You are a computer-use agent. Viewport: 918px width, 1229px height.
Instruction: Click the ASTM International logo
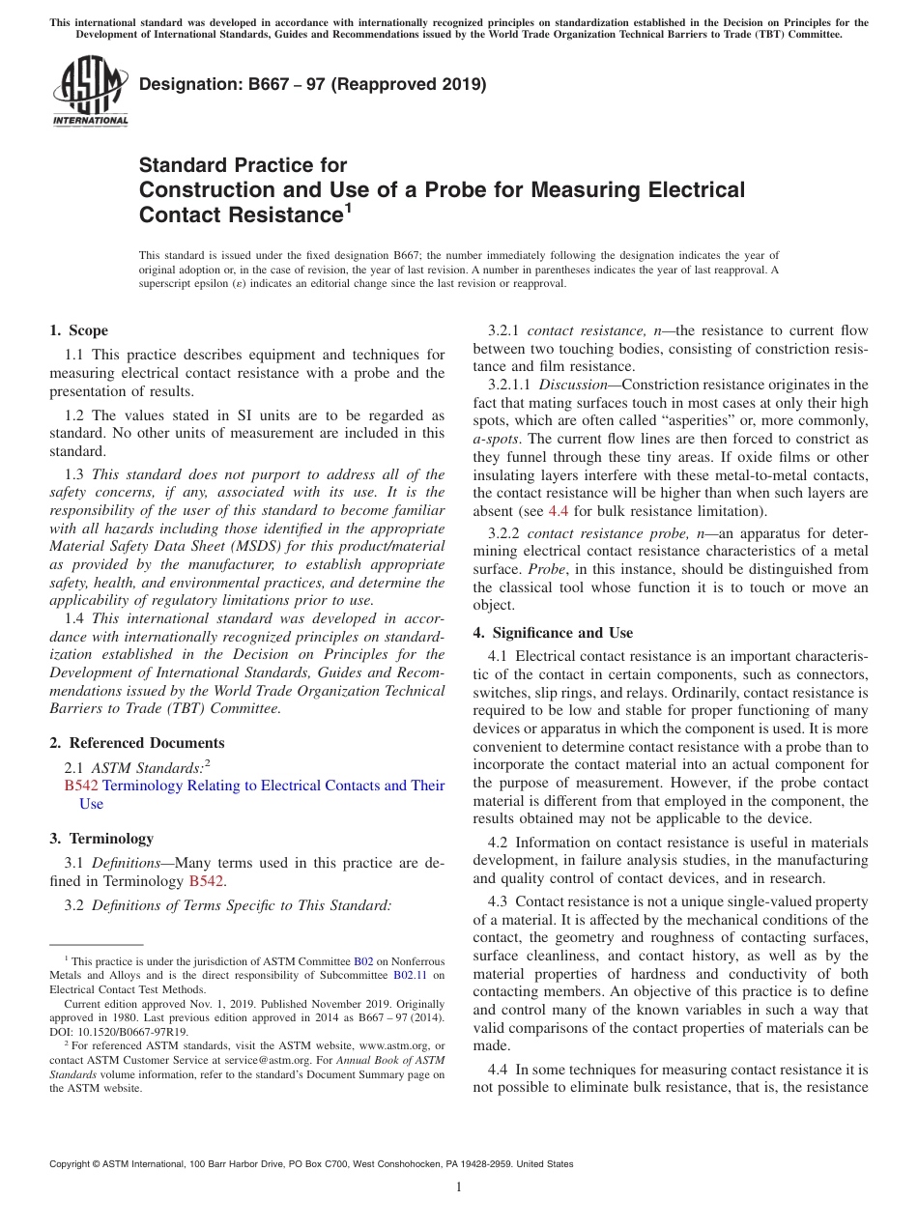point(89,92)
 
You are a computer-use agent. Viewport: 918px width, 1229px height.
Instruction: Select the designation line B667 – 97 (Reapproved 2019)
point(312,84)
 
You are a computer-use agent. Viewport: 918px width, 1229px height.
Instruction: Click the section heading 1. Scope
point(79,330)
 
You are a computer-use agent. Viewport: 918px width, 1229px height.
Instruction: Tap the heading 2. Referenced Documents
point(137,743)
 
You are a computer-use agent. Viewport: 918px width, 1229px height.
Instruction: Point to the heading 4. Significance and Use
point(553,633)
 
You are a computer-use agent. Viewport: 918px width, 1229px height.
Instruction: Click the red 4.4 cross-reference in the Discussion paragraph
point(559,510)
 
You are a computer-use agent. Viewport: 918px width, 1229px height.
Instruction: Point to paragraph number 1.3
point(74,474)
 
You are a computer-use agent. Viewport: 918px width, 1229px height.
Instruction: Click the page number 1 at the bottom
point(459,1186)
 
